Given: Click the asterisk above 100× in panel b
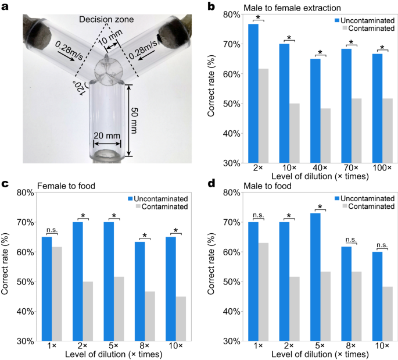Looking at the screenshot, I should pos(382,48).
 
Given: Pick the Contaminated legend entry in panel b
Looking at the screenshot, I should pos(367,27).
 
